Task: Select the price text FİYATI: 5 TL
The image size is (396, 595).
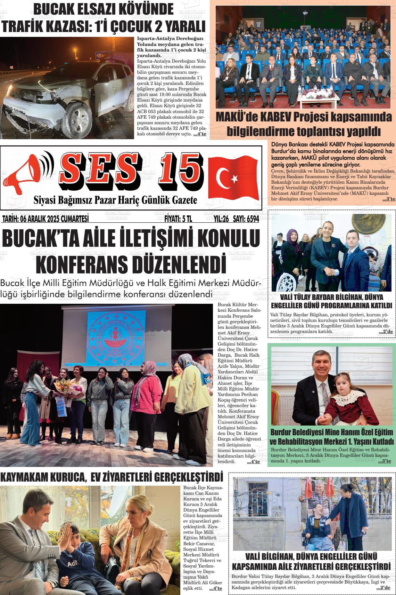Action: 178,219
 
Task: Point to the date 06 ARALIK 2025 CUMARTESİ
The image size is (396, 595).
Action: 45,219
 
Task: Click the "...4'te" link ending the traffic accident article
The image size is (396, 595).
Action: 200,134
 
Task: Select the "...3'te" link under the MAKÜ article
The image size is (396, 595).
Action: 389,199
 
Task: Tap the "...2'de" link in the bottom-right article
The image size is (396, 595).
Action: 383,588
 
